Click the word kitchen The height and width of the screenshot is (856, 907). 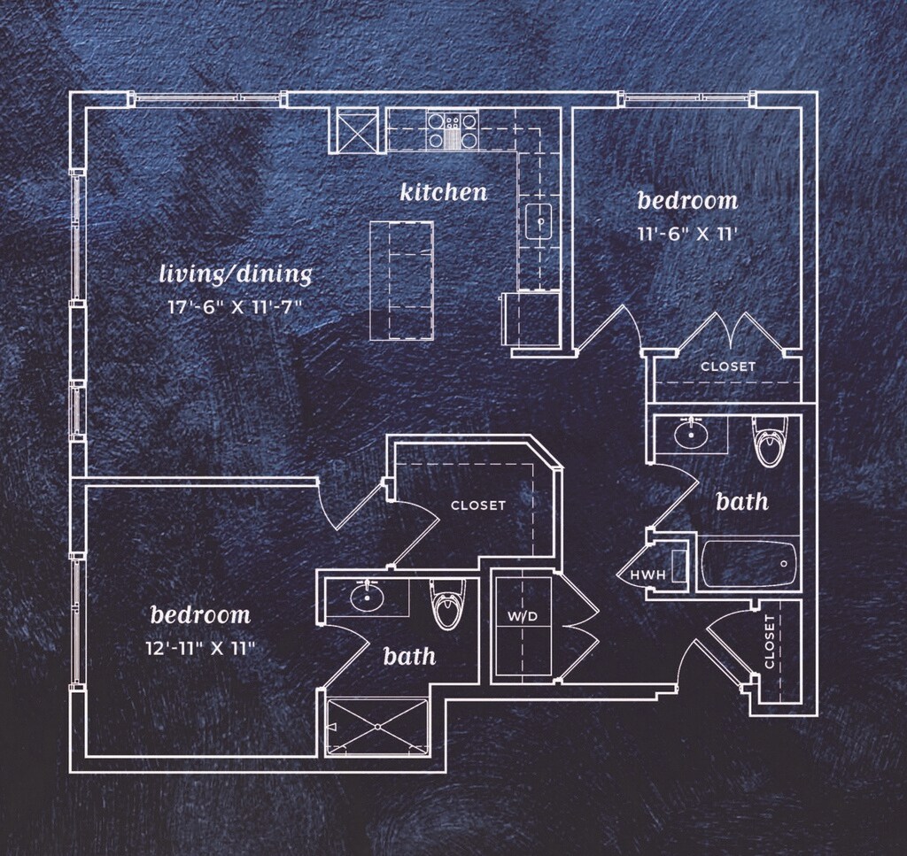point(444,192)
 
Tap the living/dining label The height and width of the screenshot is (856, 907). point(236,274)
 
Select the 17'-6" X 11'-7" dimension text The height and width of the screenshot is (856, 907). point(236,307)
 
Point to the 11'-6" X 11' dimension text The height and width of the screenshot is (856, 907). point(688,235)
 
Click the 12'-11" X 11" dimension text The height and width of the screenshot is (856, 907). point(200,647)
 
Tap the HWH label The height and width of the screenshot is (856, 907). point(647,575)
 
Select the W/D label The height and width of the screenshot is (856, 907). point(523,616)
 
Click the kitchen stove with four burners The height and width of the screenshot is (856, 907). point(452,130)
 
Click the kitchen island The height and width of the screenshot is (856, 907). point(401,279)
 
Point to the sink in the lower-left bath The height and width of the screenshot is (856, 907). point(365,598)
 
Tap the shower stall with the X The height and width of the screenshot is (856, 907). point(377,727)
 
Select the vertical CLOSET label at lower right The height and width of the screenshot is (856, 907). point(770,641)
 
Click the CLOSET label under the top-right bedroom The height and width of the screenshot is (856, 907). point(728,366)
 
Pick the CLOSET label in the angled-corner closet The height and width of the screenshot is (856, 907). point(478,505)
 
